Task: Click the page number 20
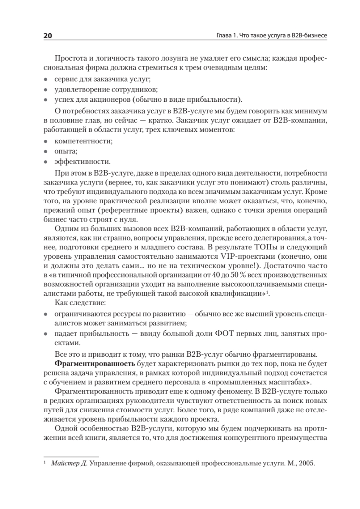tap(47, 36)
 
